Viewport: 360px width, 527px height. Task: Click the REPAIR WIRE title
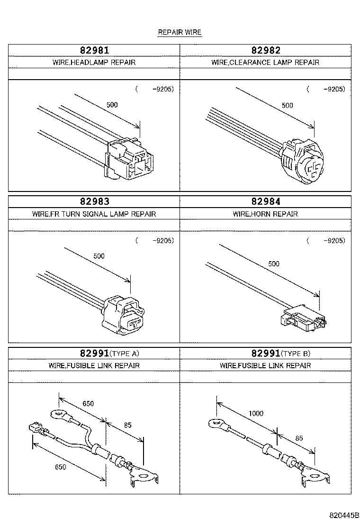(180, 33)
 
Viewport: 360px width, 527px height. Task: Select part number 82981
(94, 50)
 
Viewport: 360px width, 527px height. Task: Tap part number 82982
(265, 50)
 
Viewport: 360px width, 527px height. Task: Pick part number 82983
(94, 202)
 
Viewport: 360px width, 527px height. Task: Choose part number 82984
(265, 202)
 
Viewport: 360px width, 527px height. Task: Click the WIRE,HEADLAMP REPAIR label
(94, 63)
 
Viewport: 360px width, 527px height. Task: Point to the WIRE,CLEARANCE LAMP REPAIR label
(265, 63)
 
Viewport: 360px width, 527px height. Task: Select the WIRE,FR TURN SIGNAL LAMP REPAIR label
(94, 214)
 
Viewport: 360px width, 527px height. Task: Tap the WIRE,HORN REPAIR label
(265, 214)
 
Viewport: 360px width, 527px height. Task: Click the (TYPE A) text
(125, 354)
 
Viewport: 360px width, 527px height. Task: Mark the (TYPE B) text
(296, 354)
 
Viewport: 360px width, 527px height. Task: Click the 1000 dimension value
(256, 414)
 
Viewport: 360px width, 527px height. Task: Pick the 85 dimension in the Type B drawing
(299, 438)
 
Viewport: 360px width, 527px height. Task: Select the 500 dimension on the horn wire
(274, 264)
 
